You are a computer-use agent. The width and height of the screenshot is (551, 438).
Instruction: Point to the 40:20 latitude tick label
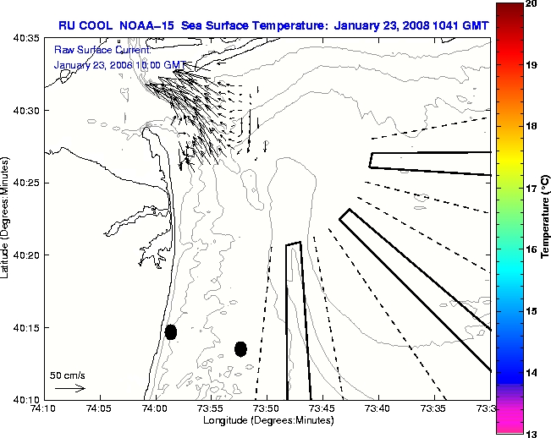pyautogui.click(x=25, y=255)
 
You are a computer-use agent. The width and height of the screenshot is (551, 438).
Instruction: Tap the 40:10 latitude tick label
pyautogui.click(x=25, y=399)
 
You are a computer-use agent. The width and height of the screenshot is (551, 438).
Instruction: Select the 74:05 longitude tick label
pyautogui.click(x=100, y=409)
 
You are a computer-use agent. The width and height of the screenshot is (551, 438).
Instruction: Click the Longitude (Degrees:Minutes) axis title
pyautogui.click(x=267, y=420)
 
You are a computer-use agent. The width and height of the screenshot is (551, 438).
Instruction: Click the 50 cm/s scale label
pyautogui.click(x=67, y=374)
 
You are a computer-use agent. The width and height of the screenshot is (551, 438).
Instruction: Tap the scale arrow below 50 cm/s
pyautogui.click(x=70, y=388)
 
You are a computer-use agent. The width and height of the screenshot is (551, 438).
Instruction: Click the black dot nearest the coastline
pyautogui.click(x=171, y=331)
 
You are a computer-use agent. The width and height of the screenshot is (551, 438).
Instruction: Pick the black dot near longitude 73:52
pyautogui.click(x=240, y=348)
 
